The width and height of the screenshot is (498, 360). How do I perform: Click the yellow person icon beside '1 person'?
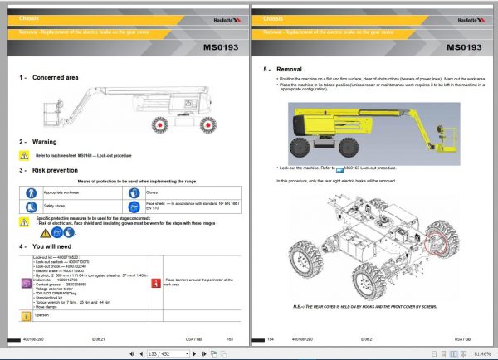pos(27,316)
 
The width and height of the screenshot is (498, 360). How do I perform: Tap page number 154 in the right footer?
pos(271,339)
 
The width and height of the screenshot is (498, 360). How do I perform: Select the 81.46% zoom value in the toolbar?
pos(479,353)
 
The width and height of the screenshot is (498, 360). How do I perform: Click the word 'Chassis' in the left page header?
pos(29,17)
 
